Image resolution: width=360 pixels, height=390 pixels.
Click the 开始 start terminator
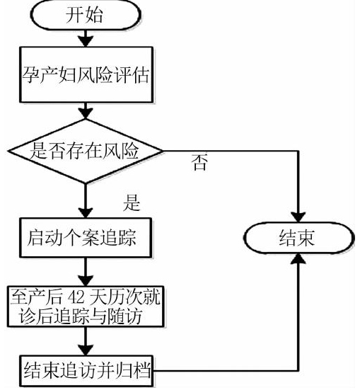click(86, 15)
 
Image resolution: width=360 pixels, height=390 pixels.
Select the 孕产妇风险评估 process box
click(86, 74)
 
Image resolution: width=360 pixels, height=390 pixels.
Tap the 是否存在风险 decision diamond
click(86, 151)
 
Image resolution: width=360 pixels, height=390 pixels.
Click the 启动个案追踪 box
click(86, 238)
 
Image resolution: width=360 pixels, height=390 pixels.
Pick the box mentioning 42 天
click(86, 306)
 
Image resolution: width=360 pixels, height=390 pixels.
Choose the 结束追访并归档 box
click(86, 371)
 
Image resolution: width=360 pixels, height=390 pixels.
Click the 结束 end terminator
click(298, 238)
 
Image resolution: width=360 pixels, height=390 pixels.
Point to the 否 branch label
click(199, 162)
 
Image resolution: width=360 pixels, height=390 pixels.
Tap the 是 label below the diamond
click(132, 202)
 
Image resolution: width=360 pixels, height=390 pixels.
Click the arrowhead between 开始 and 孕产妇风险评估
click(86, 41)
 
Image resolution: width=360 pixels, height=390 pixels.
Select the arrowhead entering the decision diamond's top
click(86, 114)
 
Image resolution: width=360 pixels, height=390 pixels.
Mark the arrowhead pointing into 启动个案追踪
click(86, 212)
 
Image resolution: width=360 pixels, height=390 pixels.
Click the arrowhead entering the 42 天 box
click(86, 281)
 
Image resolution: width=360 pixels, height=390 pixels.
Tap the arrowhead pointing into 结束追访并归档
click(86, 350)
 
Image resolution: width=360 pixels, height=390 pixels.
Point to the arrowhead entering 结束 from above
click(298, 217)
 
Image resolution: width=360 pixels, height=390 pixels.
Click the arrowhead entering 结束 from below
click(298, 258)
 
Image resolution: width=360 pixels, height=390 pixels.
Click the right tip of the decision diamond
click(163, 151)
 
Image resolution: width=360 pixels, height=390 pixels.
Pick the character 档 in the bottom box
click(142, 371)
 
